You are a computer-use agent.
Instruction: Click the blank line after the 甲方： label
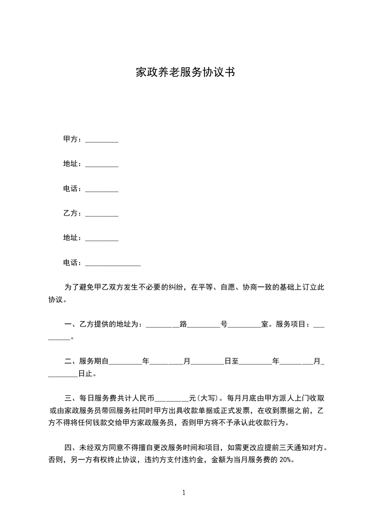(102, 140)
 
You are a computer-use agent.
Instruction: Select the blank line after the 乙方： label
(102, 214)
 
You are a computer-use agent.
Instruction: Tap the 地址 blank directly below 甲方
(102, 164)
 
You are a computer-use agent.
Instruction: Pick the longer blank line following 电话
(113, 264)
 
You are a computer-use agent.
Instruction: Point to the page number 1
(184, 493)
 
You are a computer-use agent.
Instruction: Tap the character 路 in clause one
(183, 324)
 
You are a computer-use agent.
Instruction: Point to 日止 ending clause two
(86, 374)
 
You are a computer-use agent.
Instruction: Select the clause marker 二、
(71, 361)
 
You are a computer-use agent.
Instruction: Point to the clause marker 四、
(71, 448)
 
